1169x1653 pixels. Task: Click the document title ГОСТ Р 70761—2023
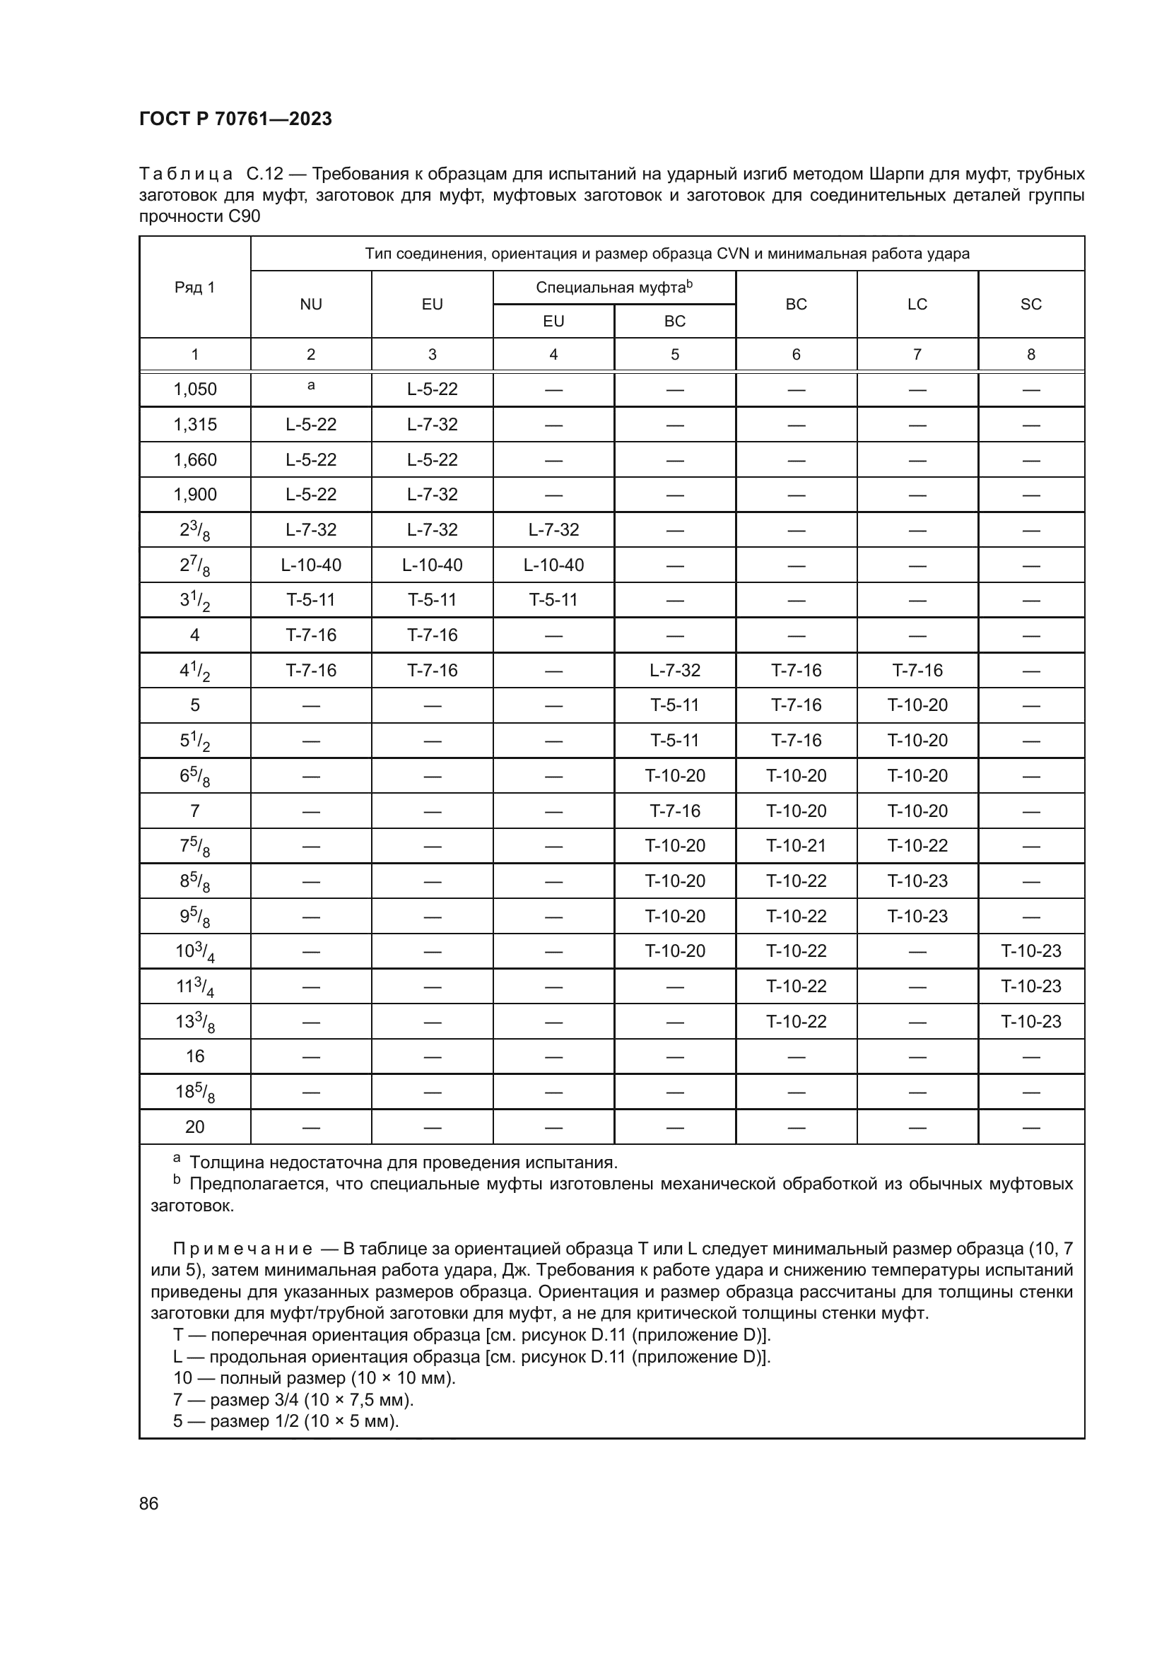tap(235, 119)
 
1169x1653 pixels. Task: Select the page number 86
tap(149, 1503)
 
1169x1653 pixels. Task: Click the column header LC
tap(917, 305)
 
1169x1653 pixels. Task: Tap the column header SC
tap(1030, 305)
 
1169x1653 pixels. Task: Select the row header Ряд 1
tap(194, 288)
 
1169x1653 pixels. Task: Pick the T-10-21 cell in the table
tap(796, 845)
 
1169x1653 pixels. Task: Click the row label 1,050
tap(194, 389)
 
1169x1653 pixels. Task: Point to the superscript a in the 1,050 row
tap(311, 386)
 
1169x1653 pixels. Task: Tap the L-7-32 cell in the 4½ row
tap(674, 670)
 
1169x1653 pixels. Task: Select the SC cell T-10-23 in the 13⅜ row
tap(1030, 1022)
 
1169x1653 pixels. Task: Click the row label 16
tap(194, 1056)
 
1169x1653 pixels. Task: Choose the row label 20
tap(194, 1126)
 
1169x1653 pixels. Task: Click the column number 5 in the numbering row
tap(674, 354)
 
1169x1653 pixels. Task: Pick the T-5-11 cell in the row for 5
tap(674, 705)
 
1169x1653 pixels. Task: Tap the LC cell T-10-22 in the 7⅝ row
tap(917, 845)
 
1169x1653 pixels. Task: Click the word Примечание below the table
tap(242, 1249)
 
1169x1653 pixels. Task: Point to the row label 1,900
tap(194, 495)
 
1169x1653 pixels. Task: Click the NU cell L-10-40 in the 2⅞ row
tap(311, 565)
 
